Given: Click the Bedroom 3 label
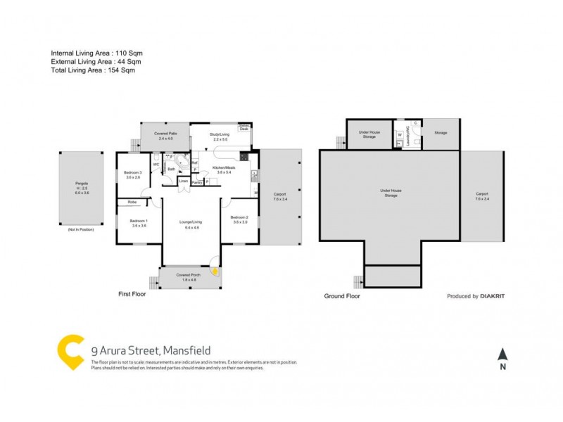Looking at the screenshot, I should click(133, 175).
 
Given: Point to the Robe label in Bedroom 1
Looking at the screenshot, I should click(132, 203).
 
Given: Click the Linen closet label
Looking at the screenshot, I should click(183, 181).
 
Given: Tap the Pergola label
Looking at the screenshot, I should click(82, 188).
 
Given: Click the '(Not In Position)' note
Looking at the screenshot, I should click(81, 230).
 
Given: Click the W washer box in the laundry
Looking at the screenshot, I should click(400, 134).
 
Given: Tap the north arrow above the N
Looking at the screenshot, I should click(502, 354).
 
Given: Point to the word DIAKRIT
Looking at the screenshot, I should click(493, 296).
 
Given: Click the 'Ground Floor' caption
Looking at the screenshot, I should click(342, 296).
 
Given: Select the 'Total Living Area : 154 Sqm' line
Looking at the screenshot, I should click(93, 70).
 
